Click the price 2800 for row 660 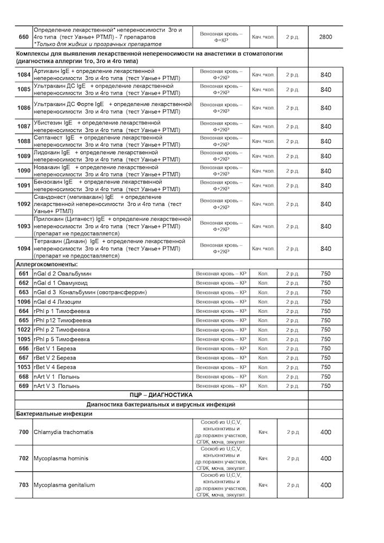coord(325,36)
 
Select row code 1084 coord(23,75)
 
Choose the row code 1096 coord(23,301)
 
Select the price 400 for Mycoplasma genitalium coord(325,485)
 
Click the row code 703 coord(23,485)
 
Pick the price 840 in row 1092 coord(325,204)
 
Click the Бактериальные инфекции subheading coord(54,414)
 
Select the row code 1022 coord(23,330)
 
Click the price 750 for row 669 coord(325,386)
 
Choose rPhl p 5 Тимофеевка coord(61,339)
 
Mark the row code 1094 coord(23,249)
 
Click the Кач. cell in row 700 coord(263,432)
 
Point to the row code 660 coord(23,36)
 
